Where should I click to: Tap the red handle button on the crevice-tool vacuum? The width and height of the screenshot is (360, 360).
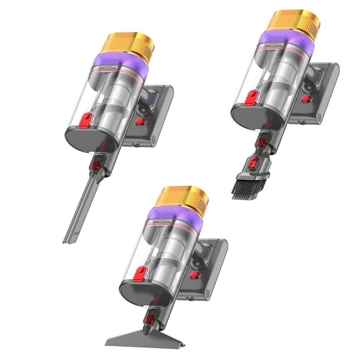click(140, 122)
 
